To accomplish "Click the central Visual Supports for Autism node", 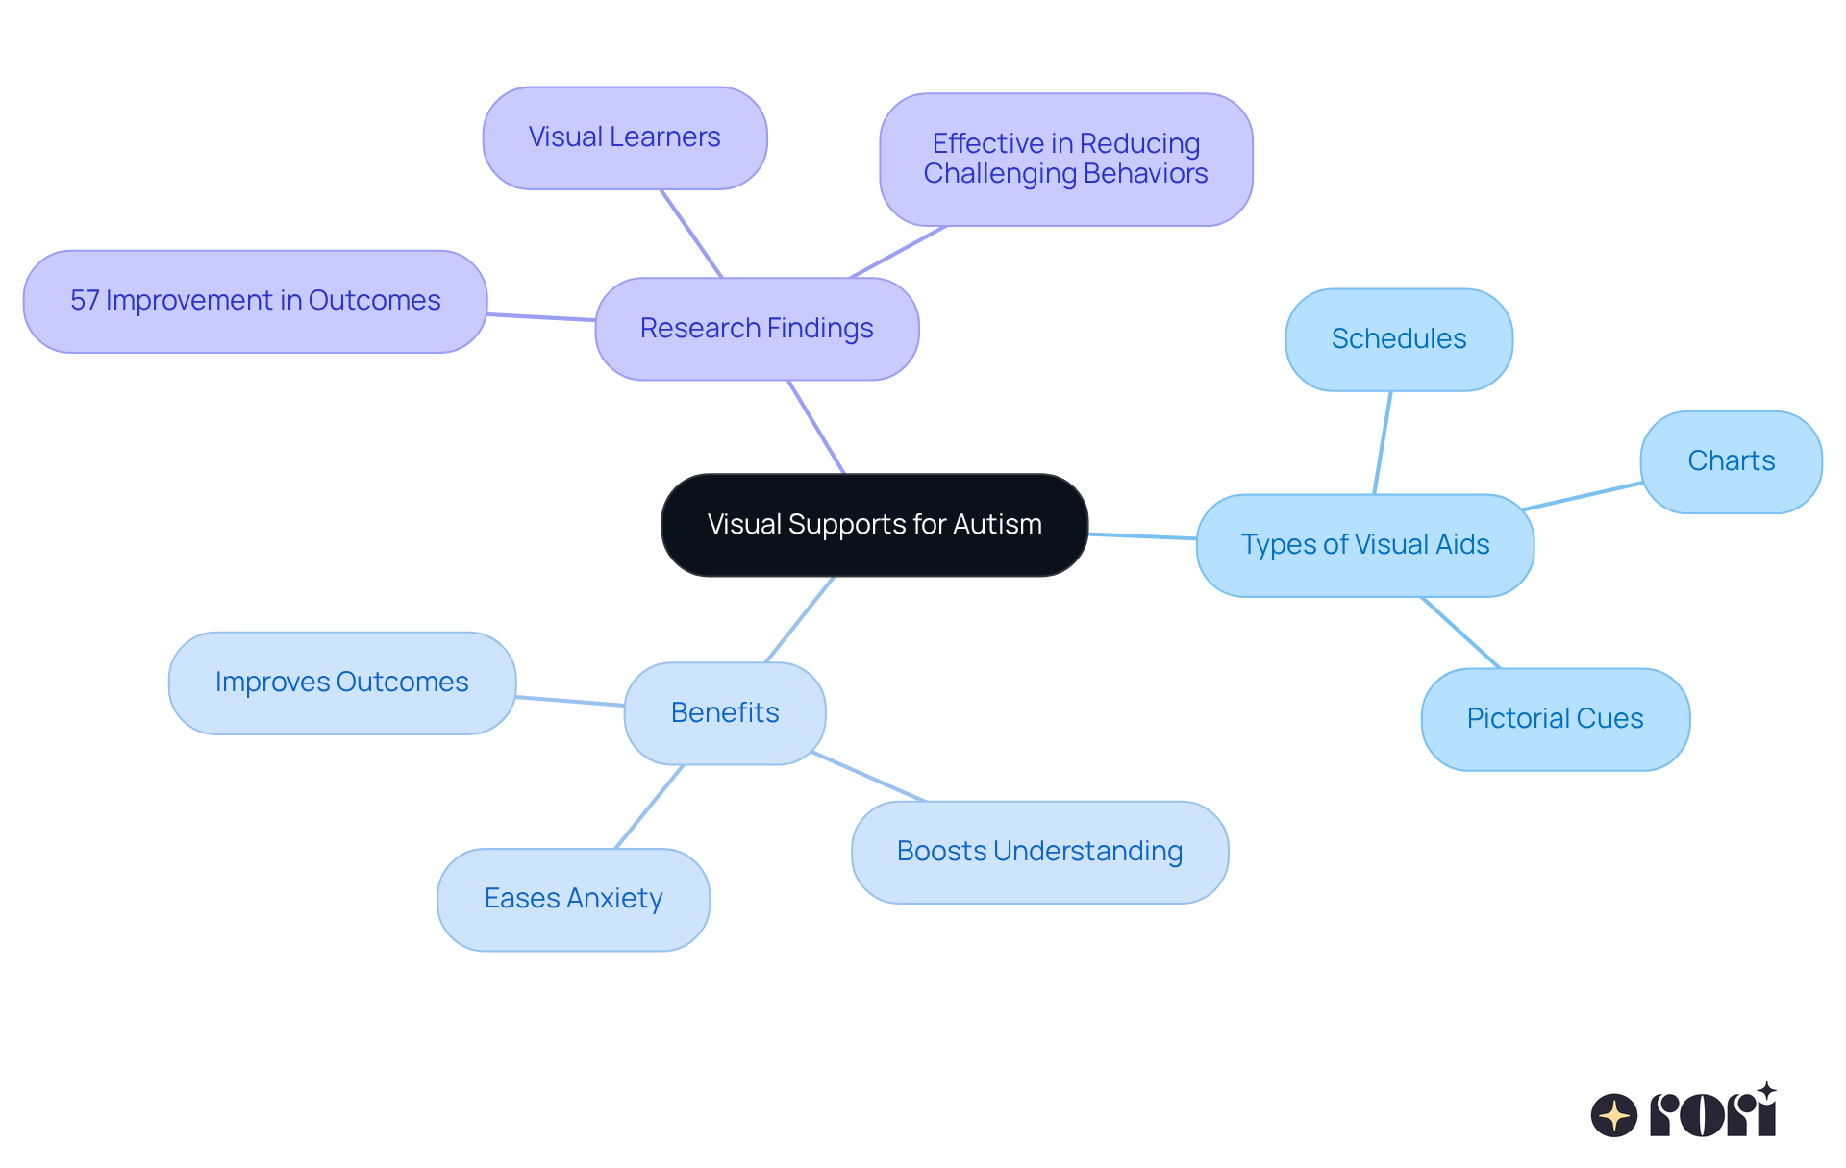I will click(x=874, y=525).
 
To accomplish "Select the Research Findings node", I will click(x=757, y=329).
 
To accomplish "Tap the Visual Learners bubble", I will click(x=624, y=137).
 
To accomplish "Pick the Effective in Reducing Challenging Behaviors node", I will click(x=1065, y=160).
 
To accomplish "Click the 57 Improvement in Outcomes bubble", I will click(x=255, y=301).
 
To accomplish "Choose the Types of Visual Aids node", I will click(x=1364, y=545).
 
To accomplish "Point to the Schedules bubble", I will click(x=1398, y=339).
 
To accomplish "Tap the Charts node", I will click(x=1731, y=461).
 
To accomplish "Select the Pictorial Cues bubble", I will click(x=1555, y=719).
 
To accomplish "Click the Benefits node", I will click(x=724, y=713).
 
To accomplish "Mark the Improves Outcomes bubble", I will click(x=341, y=683).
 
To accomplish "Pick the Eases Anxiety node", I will click(x=573, y=899).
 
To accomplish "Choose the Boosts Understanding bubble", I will click(x=1039, y=852).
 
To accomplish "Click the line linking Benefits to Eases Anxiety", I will click(x=650, y=806).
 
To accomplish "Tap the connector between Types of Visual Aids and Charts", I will click(x=1583, y=496).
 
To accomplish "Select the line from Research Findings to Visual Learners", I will click(x=691, y=234).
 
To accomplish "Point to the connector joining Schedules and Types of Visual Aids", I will click(x=1383, y=442).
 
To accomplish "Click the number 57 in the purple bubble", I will click(x=85, y=301).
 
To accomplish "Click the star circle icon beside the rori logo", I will click(x=1613, y=1115).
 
